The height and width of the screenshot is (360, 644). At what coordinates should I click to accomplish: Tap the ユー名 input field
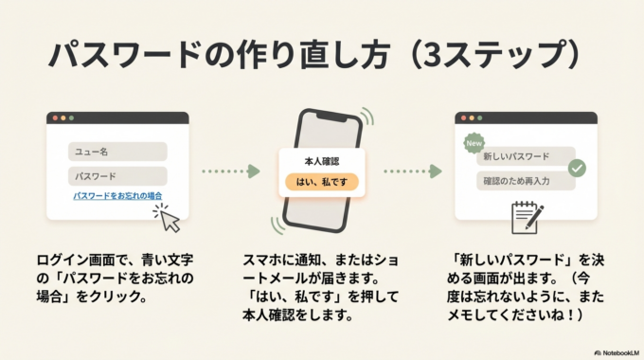(x=117, y=152)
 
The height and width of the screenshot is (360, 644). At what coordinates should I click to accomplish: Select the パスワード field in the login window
(x=117, y=176)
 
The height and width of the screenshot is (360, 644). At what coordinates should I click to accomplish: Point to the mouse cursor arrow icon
(x=169, y=221)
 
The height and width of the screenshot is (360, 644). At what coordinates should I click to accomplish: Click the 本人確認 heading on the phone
(x=322, y=160)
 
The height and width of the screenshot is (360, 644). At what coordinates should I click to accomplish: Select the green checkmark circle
(x=576, y=169)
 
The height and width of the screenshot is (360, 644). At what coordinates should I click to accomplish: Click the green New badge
(x=474, y=144)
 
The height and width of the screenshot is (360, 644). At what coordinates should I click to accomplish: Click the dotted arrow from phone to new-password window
(x=412, y=171)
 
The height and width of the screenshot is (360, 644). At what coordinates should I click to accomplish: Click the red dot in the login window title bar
(x=55, y=118)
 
